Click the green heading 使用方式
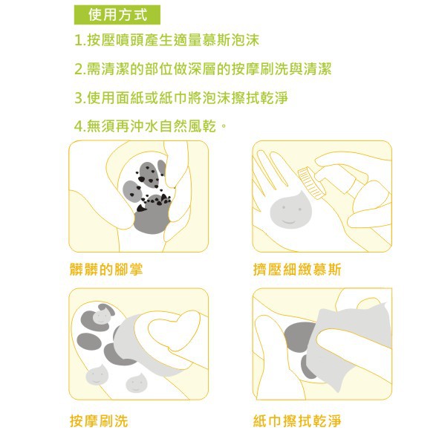pos(117,15)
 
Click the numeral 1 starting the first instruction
pos(79,41)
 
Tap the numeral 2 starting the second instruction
pos(79,69)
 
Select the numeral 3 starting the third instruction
pos(79,98)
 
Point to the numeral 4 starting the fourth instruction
pos(79,126)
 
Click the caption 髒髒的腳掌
pos(106,270)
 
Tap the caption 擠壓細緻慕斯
pos(297,270)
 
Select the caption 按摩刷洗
pos(99,421)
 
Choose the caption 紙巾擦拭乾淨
pos(297,421)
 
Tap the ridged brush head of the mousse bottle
pos(310,183)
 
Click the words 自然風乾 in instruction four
pos(188,126)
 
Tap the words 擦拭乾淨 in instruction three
pos(260,98)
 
